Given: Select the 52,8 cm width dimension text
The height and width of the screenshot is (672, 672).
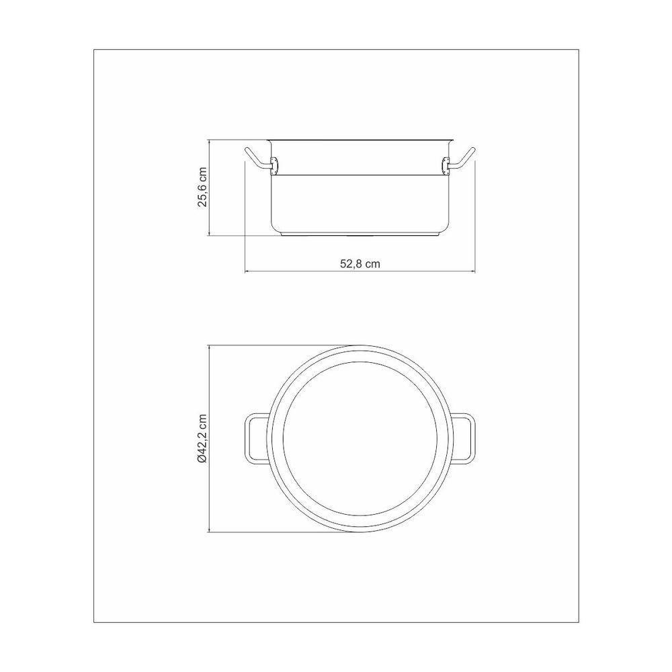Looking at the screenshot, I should [x=360, y=264].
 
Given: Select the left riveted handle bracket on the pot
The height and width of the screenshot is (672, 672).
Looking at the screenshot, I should [x=274, y=163].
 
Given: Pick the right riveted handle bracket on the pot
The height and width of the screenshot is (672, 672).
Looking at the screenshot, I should [x=446, y=163].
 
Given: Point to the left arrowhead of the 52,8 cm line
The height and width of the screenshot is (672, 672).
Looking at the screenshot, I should [x=246, y=272].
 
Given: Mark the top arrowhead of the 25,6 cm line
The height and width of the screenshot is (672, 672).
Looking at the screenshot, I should [x=211, y=142].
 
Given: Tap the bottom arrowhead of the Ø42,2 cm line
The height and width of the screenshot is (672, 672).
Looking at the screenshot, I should [x=211, y=531].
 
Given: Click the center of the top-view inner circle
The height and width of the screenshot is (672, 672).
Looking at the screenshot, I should [x=360, y=439].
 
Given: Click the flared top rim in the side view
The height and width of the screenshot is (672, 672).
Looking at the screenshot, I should [x=360, y=140].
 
